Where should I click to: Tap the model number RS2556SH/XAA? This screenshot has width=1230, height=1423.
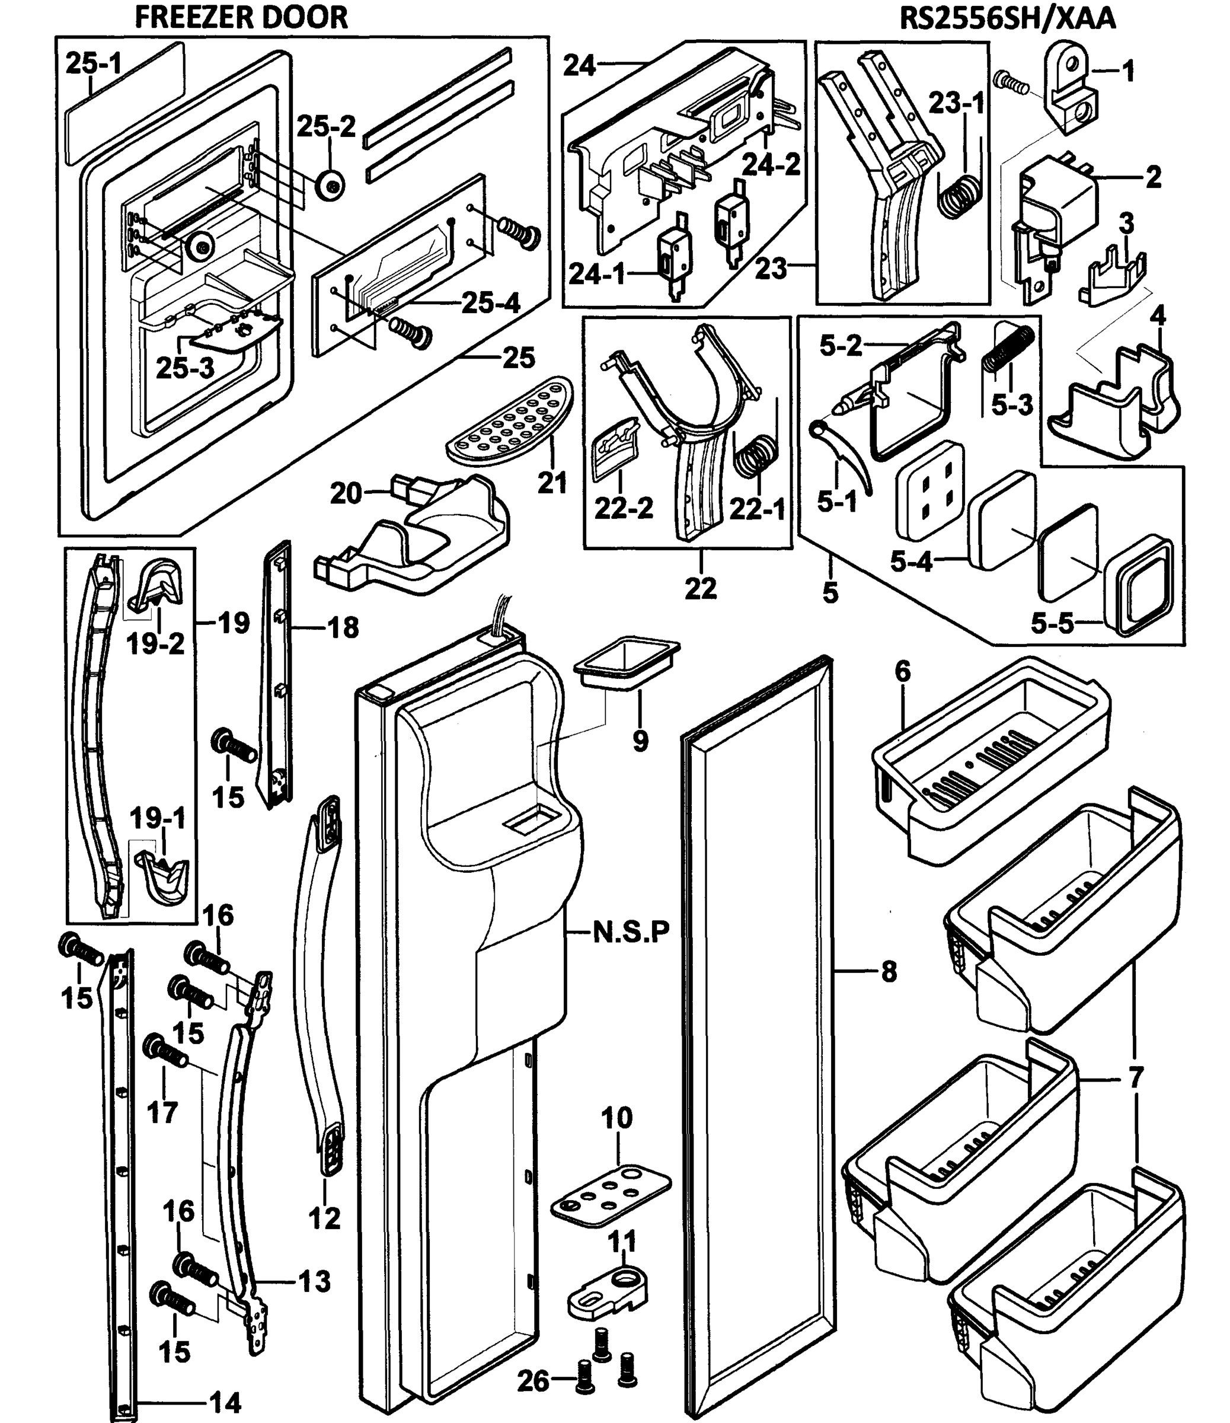pyautogui.click(x=1008, y=18)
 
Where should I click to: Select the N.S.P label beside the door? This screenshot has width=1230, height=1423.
pyautogui.click(x=631, y=932)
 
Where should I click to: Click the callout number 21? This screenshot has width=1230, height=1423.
pyautogui.click(x=552, y=483)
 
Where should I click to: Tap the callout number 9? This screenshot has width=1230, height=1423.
pyautogui.click(x=640, y=741)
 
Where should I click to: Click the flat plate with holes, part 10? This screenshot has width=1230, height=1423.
pyautogui.click(x=611, y=1197)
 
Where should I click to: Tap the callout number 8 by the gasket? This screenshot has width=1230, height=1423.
pyautogui.click(x=889, y=972)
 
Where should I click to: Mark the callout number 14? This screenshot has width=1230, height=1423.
pyautogui.click(x=226, y=1402)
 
